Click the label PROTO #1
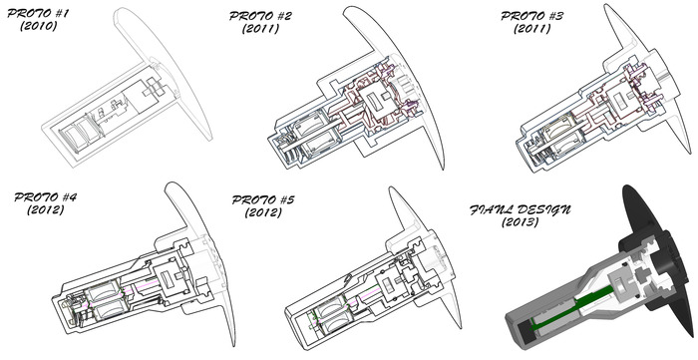[x=38, y=13]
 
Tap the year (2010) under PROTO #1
[x=39, y=26]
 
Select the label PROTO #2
[x=260, y=16]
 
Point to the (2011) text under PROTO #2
[x=261, y=29]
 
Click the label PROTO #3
[x=531, y=16]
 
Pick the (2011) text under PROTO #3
[x=531, y=29]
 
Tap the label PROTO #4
[x=45, y=196]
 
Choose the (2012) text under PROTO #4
[x=45, y=209]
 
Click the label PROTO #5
[x=263, y=199]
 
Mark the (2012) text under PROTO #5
[x=263, y=212]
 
